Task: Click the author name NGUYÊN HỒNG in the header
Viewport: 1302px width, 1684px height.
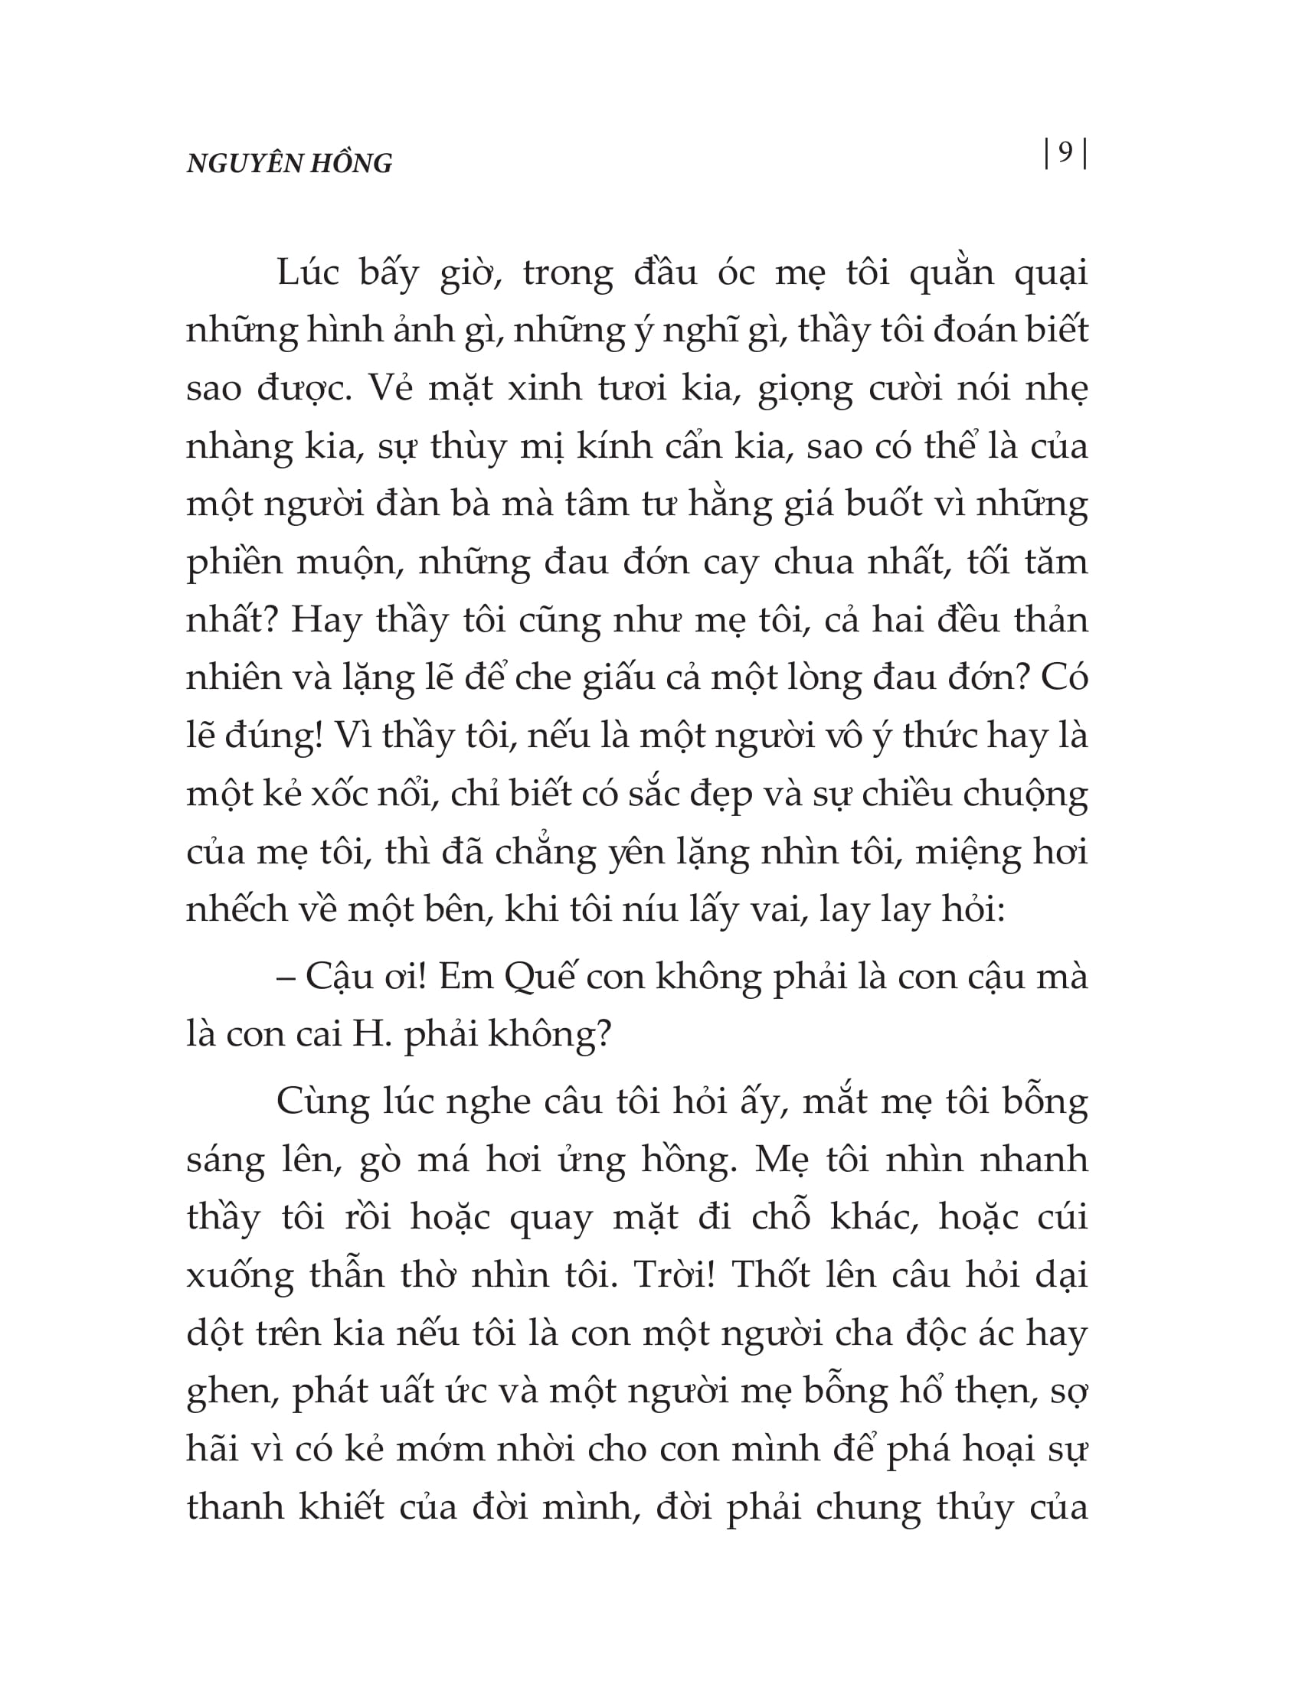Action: (290, 164)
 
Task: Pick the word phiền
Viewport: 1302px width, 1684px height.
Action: (234, 563)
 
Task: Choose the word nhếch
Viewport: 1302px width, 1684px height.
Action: (237, 910)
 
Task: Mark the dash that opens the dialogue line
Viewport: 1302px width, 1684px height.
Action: (286, 977)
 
